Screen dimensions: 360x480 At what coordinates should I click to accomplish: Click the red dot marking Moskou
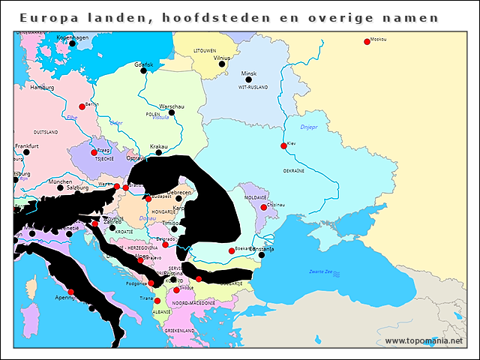pyautogui.click(x=367, y=42)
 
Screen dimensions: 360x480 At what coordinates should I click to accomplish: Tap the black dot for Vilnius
pyautogui.click(x=221, y=64)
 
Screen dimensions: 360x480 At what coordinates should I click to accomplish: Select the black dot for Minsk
pyautogui.click(x=248, y=79)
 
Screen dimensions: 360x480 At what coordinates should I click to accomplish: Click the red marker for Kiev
pyautogui.click(x=283, y=146)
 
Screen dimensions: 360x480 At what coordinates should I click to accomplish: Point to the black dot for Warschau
pyautogui.click(x=171, y=112)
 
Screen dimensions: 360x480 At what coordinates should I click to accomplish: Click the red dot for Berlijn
pyautogui.click(x=82, y=106)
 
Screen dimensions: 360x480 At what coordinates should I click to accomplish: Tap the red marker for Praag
pyautogui.click(x=94, y=153)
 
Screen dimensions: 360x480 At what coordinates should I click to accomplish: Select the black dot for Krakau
pyautogui.click(x=158, y=153)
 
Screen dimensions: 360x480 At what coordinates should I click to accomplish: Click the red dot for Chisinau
pyautogui.click(x=263, y=207)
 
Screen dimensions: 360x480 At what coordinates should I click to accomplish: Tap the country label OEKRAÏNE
pyautogui.click(x=293, y=171)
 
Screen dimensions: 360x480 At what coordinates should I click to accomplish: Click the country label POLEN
pyautogui.click(x=154, y=114)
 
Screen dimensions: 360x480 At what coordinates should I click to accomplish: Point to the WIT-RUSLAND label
pyautogui.click(x=253, y=88)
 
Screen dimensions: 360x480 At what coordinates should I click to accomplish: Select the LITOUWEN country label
pyautogui.click(x=205, y=50)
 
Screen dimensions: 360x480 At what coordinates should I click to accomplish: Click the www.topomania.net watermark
pyautogui.click(x=424, y=340)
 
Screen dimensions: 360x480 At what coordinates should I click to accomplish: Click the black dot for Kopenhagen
pyautogui.click(x=72, y=43)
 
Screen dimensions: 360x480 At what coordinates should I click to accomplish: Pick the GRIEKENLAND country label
pyautogui.click(x=179, y=330)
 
